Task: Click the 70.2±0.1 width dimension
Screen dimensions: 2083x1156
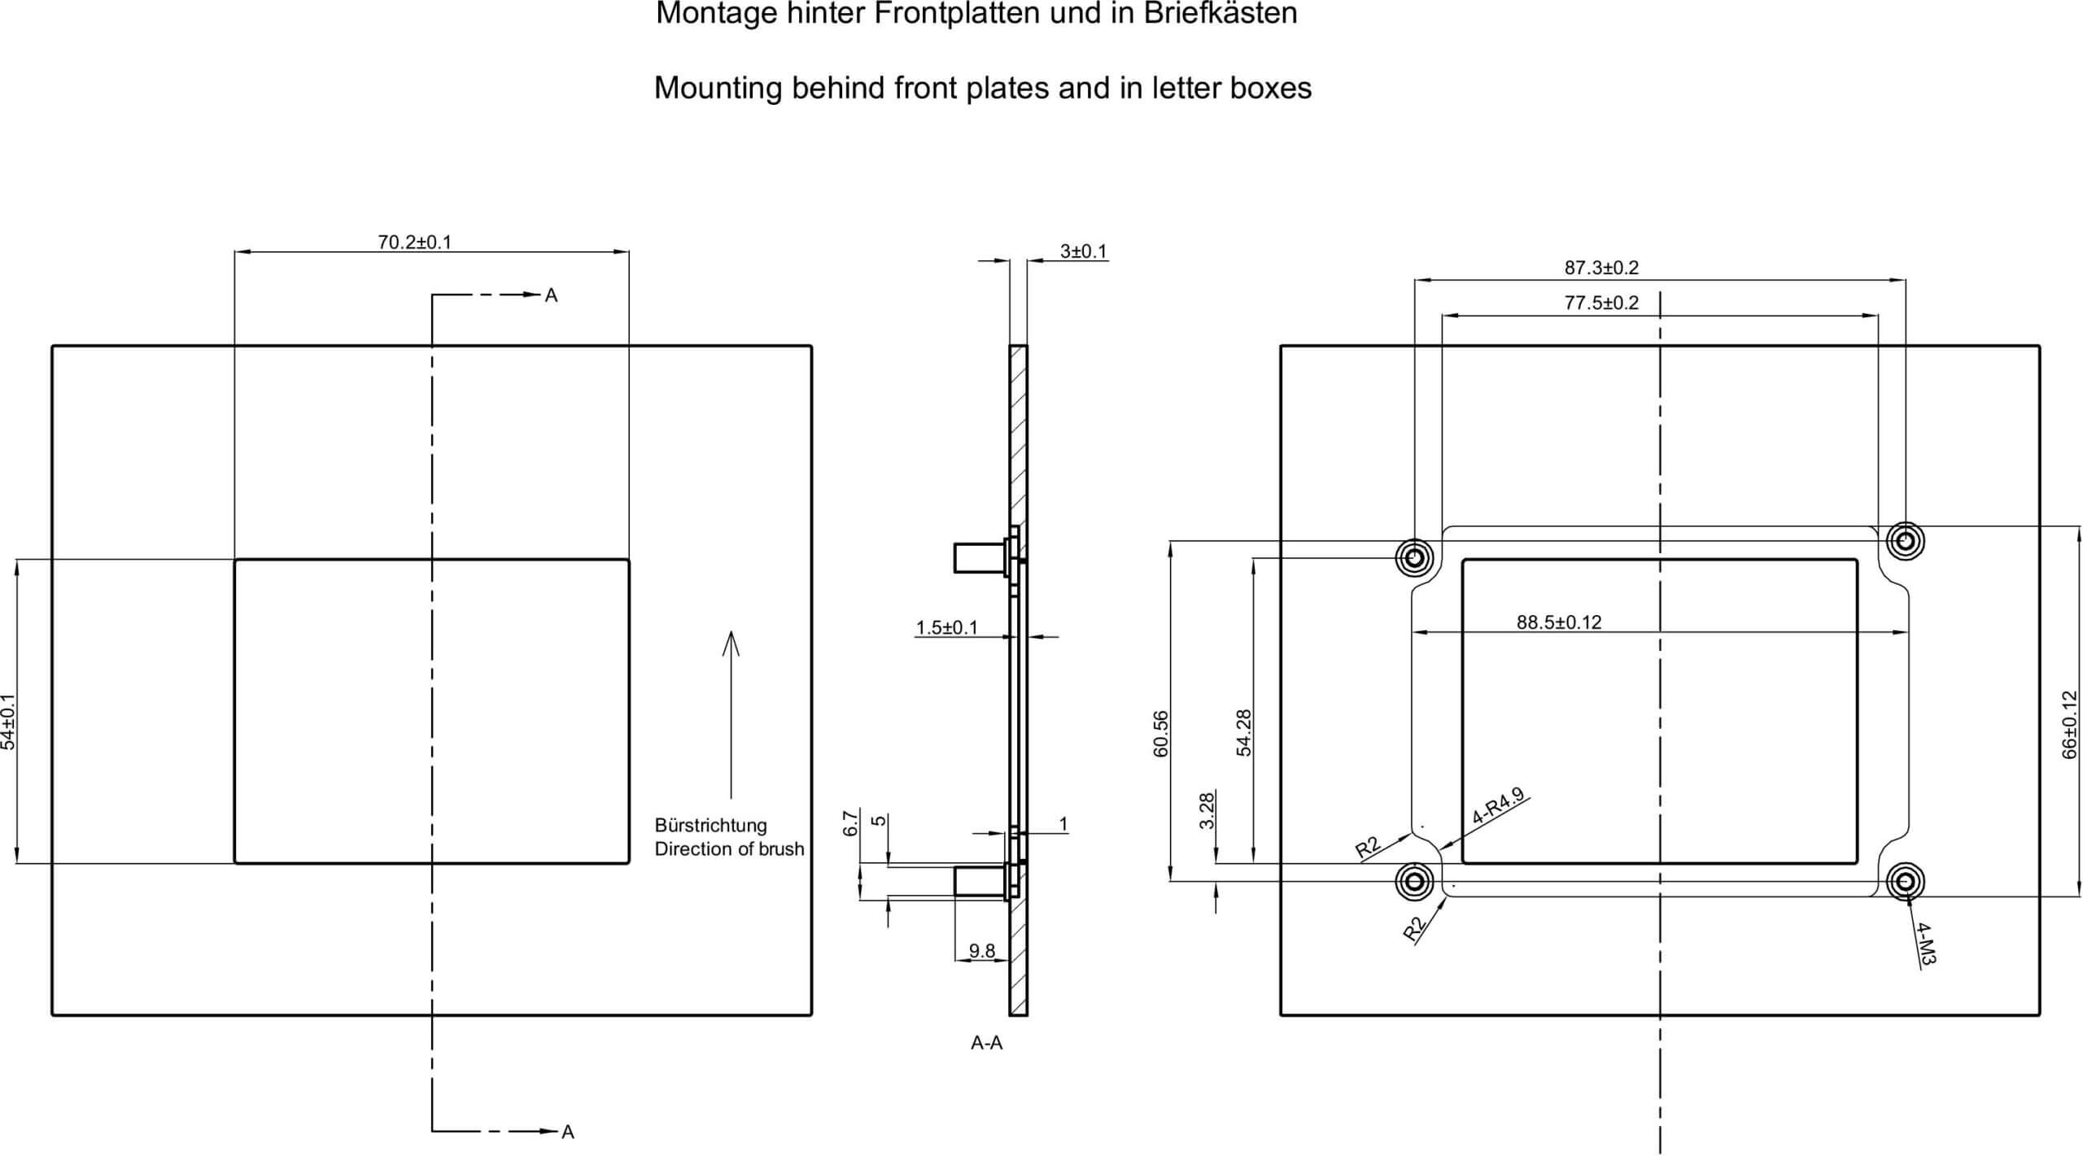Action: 414,242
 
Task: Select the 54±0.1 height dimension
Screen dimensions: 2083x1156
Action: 8,722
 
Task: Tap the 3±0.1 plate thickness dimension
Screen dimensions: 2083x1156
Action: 1084,251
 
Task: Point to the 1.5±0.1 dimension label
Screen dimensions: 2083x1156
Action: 947,627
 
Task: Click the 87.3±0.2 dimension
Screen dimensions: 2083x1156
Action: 1601,267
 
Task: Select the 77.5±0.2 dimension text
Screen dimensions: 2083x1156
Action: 1601,303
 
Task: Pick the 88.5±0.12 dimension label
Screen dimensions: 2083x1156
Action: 1559,622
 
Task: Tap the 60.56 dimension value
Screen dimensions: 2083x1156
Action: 1160,734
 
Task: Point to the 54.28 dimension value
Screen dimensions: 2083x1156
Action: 1244,733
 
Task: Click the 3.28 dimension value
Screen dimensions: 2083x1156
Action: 1207,810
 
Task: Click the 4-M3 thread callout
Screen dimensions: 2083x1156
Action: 1925,943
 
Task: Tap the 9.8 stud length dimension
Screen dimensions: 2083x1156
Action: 982,950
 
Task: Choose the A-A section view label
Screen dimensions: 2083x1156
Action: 986,1043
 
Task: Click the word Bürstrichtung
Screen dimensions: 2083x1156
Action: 710,825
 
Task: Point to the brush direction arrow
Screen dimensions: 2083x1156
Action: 731,714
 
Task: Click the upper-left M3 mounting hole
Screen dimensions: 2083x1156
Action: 1414,558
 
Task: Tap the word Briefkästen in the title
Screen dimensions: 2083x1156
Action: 1221,14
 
